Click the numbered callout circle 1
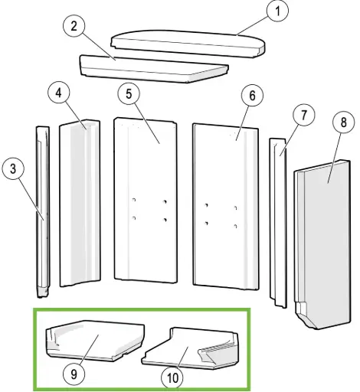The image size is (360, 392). click(277, 11)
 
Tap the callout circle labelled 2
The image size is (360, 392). click(74, 26)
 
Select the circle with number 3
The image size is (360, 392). click(13, 169)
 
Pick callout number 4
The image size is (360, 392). click(59, 93)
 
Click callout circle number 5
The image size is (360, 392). click(129, 94)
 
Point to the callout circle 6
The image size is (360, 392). click(252, 96)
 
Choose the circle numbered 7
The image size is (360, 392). click(304, 115)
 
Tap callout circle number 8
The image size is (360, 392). click(344, 122)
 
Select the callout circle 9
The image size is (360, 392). click(74, 374)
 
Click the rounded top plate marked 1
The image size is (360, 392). click(188, 44)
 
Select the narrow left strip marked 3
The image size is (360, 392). click(43, 212)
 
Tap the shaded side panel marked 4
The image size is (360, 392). click(80, 203)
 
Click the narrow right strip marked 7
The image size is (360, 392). click(278, 223)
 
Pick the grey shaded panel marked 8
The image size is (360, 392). click(322, 244)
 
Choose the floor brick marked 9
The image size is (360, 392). click(95, 341)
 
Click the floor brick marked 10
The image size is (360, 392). click(190, 348)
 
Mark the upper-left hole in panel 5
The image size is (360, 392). click(133, 200)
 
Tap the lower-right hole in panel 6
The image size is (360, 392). click(236, 226)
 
